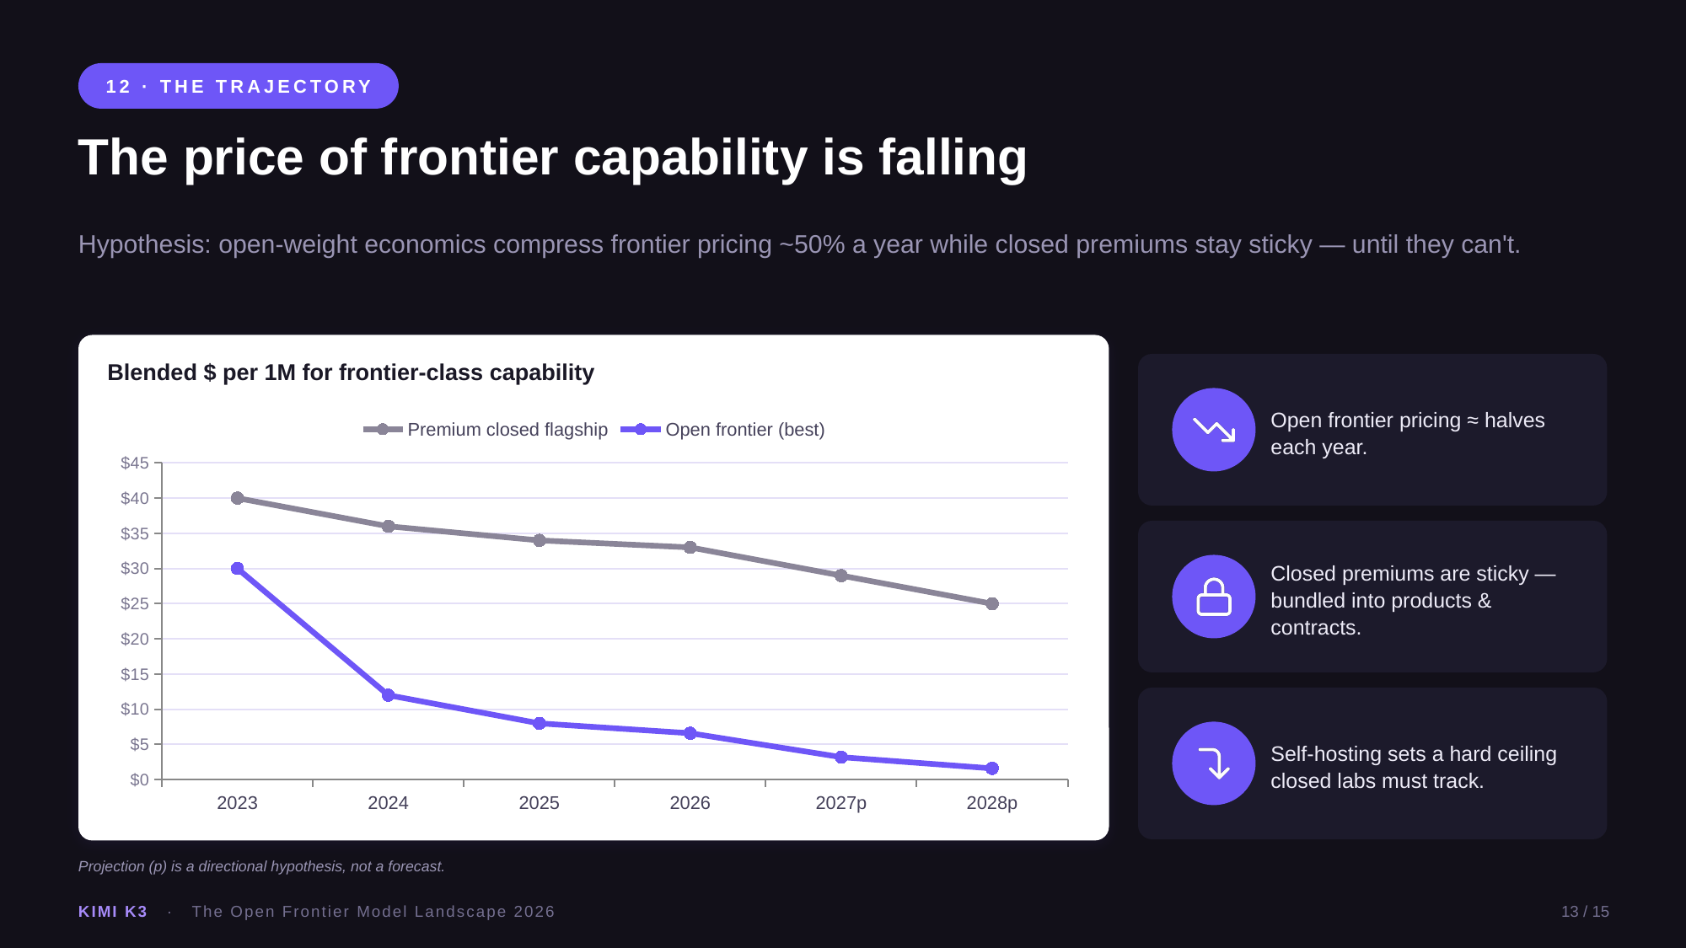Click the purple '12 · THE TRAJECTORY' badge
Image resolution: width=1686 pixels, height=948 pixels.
[239, 86]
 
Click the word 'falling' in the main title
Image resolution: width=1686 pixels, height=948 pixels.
[953, 158]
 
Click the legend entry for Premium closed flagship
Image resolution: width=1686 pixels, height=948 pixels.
[486, 430]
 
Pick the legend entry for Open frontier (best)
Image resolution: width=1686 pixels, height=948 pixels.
[722, 430]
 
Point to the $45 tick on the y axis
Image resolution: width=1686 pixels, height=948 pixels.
[135, 463]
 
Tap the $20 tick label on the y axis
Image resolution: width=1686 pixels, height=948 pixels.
[135, 639]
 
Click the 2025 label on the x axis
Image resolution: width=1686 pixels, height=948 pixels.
[539, 803]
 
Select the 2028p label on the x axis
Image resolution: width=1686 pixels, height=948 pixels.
[991, 803]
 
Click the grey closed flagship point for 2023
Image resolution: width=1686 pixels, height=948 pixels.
[237, 498]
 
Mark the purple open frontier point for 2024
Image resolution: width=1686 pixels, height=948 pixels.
[388, 695]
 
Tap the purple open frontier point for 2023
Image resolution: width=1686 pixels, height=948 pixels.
[237, 569]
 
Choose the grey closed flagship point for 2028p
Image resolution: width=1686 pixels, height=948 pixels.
[992, 603]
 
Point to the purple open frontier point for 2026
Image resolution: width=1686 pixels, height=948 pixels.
[690, 733]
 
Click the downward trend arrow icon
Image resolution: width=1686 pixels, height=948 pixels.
[1214, 430]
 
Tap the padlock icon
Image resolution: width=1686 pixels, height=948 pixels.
[1214, 597]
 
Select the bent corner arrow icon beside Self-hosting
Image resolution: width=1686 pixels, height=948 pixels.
[1214, 763]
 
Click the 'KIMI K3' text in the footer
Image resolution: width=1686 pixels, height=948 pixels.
[113, 912]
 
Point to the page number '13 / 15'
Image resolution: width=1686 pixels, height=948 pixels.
[1585, 912]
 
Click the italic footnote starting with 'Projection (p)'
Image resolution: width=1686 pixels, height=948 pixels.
[261, 866]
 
